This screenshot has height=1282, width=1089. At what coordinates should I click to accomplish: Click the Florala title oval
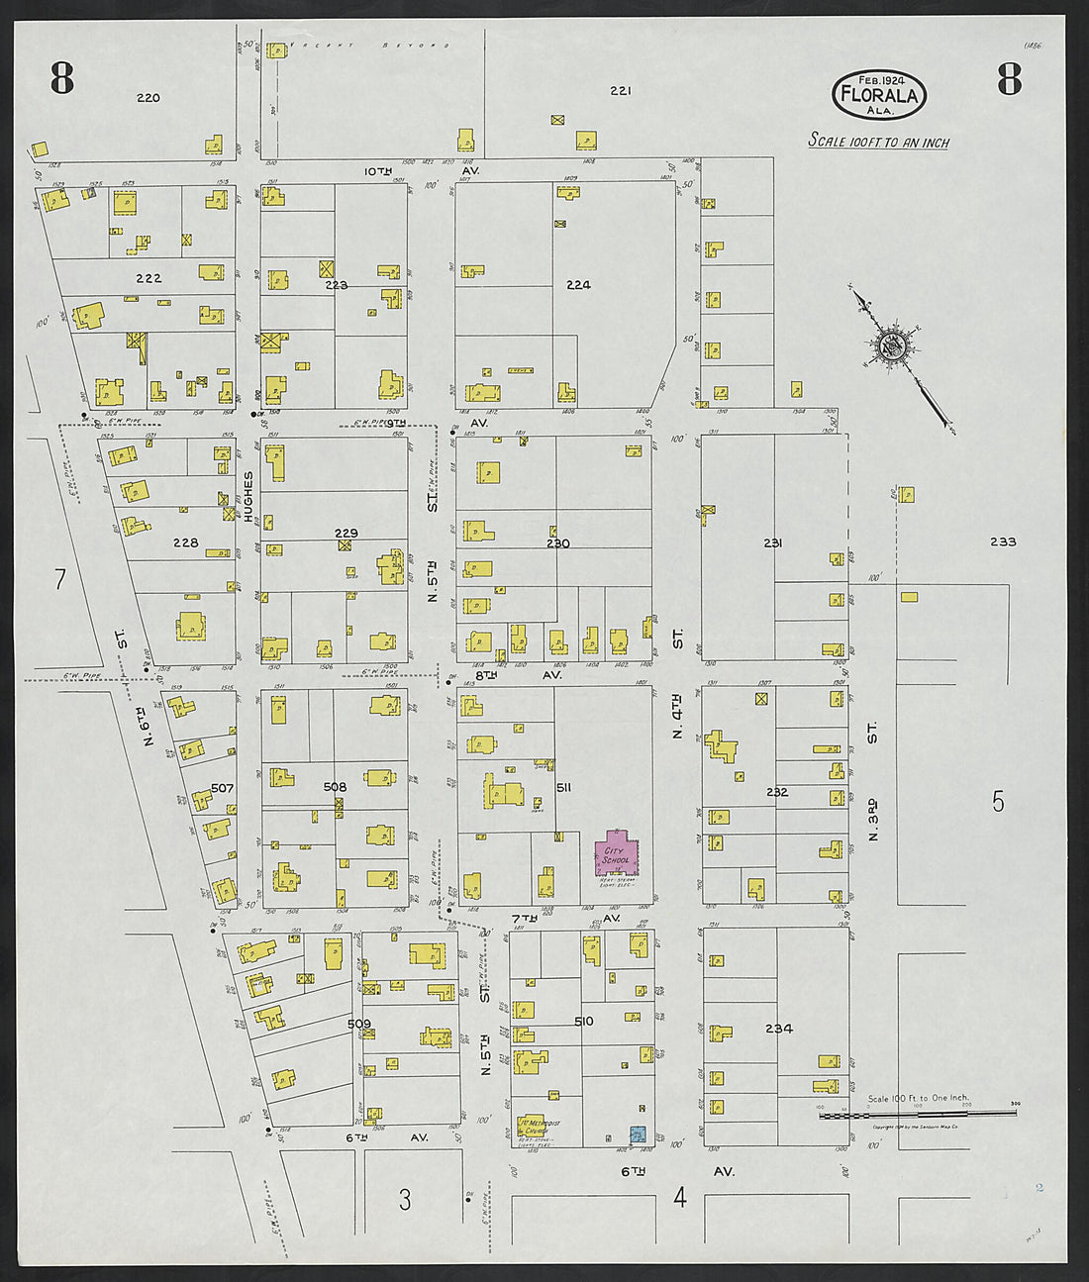[x=879, y=94]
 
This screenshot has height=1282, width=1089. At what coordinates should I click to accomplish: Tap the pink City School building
[x=616, y=854]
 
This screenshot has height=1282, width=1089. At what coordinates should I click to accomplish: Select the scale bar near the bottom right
[x=917, y=1114]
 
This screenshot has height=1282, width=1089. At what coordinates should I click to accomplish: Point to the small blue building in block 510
[x=639, y=1134]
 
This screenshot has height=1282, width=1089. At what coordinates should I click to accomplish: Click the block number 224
[x=578, y=285]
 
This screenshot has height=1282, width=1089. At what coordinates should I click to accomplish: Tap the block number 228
[x=185, y=542]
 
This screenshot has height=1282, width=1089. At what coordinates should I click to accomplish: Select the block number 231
[x=773, y=542]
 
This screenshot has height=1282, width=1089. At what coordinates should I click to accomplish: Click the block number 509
[x=358, y=1023]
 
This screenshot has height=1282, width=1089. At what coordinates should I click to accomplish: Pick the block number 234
[x=778, y=1029]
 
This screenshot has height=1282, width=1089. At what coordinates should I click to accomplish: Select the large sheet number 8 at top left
[x=62, y=78]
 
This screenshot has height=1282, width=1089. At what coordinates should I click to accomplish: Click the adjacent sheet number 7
[x=59, y=579]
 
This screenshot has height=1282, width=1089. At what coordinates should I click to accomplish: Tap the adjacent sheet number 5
[x=998, y=802]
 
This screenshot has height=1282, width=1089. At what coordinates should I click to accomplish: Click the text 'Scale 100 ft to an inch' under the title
[x=878, y=141]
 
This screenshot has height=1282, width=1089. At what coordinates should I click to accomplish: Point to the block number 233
[x=1002, y=542]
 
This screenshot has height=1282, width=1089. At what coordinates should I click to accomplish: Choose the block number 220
[x=148, y=97]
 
